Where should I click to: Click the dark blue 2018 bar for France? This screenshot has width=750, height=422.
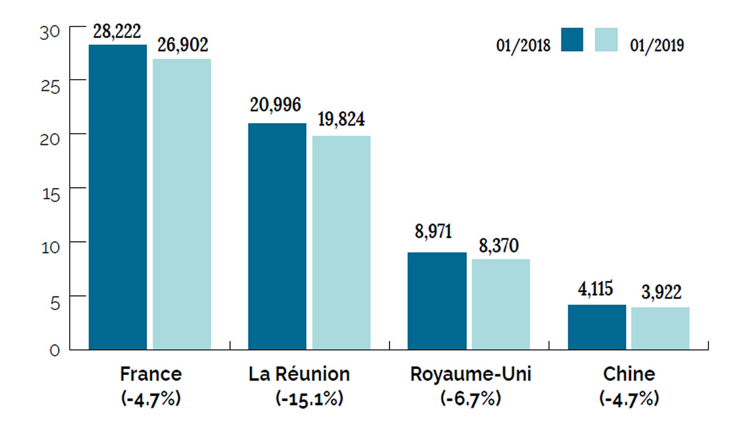pyautogui.click(x=117, y=197)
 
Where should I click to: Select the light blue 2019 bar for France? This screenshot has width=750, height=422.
pyautogui.click(x=182, y=204)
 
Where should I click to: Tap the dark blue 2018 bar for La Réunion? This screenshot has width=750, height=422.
pyautogui.click(x=277, y=236)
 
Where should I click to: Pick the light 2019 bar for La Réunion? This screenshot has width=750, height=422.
pyautogui.click(x=341, y=243)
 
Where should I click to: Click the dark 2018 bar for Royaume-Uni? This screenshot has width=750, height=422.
pyautogui.click(x=437, y=301)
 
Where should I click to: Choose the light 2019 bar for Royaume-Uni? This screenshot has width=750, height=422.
pyautogui.click(x=501, y=304)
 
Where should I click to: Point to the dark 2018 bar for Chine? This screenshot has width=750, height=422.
pyautogui.click(x=596, y=327)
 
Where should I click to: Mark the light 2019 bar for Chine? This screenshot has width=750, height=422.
pyautogui.click(x=660, y=328)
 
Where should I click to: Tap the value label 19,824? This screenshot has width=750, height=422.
pyautogui.click(x=341, y=120)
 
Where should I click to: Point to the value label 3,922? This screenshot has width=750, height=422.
pyautogui.click(x=660, y=291)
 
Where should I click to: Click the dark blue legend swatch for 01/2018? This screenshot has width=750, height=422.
pyautogui.click(x=572, y=40)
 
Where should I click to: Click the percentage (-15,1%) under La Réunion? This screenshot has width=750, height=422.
pyautogui.click(x=309, y=399)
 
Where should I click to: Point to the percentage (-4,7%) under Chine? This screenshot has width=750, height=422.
pyautogui.click(x=629, y=399)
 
